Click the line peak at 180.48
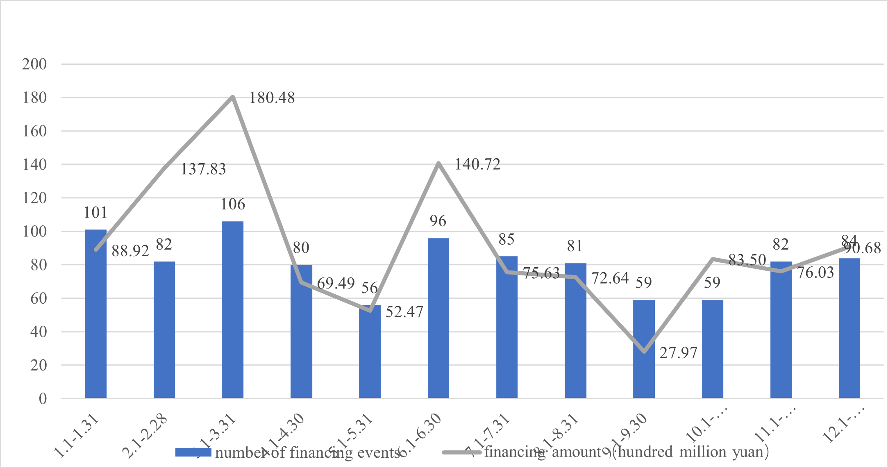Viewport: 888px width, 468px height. click(233, 97)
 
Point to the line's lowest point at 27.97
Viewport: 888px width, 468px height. click(644, 352)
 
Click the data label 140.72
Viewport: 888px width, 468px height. click(477, 165)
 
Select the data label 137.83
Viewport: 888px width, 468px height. click(203, 169)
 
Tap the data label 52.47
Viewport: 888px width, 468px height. click(404, 312)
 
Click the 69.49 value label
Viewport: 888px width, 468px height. click(336, 283)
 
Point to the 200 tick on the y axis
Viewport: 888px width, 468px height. click(34, 64)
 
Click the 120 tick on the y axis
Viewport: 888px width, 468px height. click(34, 198)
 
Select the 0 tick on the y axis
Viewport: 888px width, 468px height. click(43, 399)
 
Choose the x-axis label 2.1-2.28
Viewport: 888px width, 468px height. click(145, 436)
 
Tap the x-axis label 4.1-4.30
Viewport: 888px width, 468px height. click(282, 436)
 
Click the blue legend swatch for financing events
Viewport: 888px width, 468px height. click(193, 452)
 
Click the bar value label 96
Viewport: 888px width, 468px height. click(438, 221)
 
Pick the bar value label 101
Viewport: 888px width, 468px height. click(95, 213)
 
